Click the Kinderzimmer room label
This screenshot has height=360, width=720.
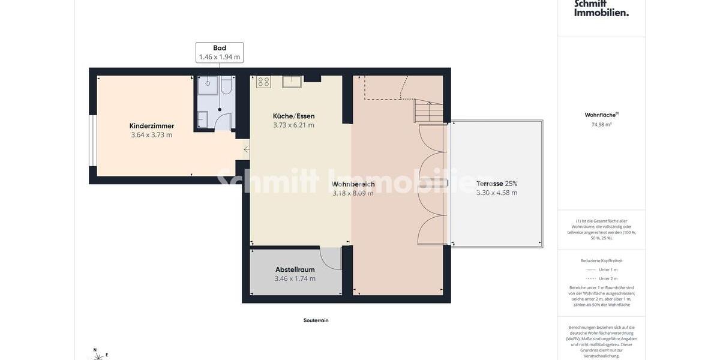tap(152, 126)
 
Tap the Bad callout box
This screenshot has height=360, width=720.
tap(220, 52)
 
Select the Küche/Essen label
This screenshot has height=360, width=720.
tap(293, 116)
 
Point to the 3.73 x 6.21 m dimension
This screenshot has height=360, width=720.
tap(293, 125)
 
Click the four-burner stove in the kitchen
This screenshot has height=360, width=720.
tap(263, 82)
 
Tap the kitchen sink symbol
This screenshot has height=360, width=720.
tap(292, 81)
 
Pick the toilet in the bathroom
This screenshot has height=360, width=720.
tap(226, 85)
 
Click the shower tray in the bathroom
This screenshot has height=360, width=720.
tap(208, 85)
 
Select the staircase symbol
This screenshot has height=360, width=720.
tap(428, 111)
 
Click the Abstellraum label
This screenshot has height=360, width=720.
tap(295, 269)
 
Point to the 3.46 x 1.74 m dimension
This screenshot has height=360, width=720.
tap(295, 279)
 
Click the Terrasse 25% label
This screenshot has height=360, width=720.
tap(497, 184)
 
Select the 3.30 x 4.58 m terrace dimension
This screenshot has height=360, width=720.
tap(497, 193)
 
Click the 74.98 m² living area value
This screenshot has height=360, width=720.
tap(601, 125)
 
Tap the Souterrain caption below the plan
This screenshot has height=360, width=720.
tap(316, 320)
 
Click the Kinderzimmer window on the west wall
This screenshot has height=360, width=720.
tap(92, 140)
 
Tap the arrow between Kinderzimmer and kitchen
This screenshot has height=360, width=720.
tap(246, 149)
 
